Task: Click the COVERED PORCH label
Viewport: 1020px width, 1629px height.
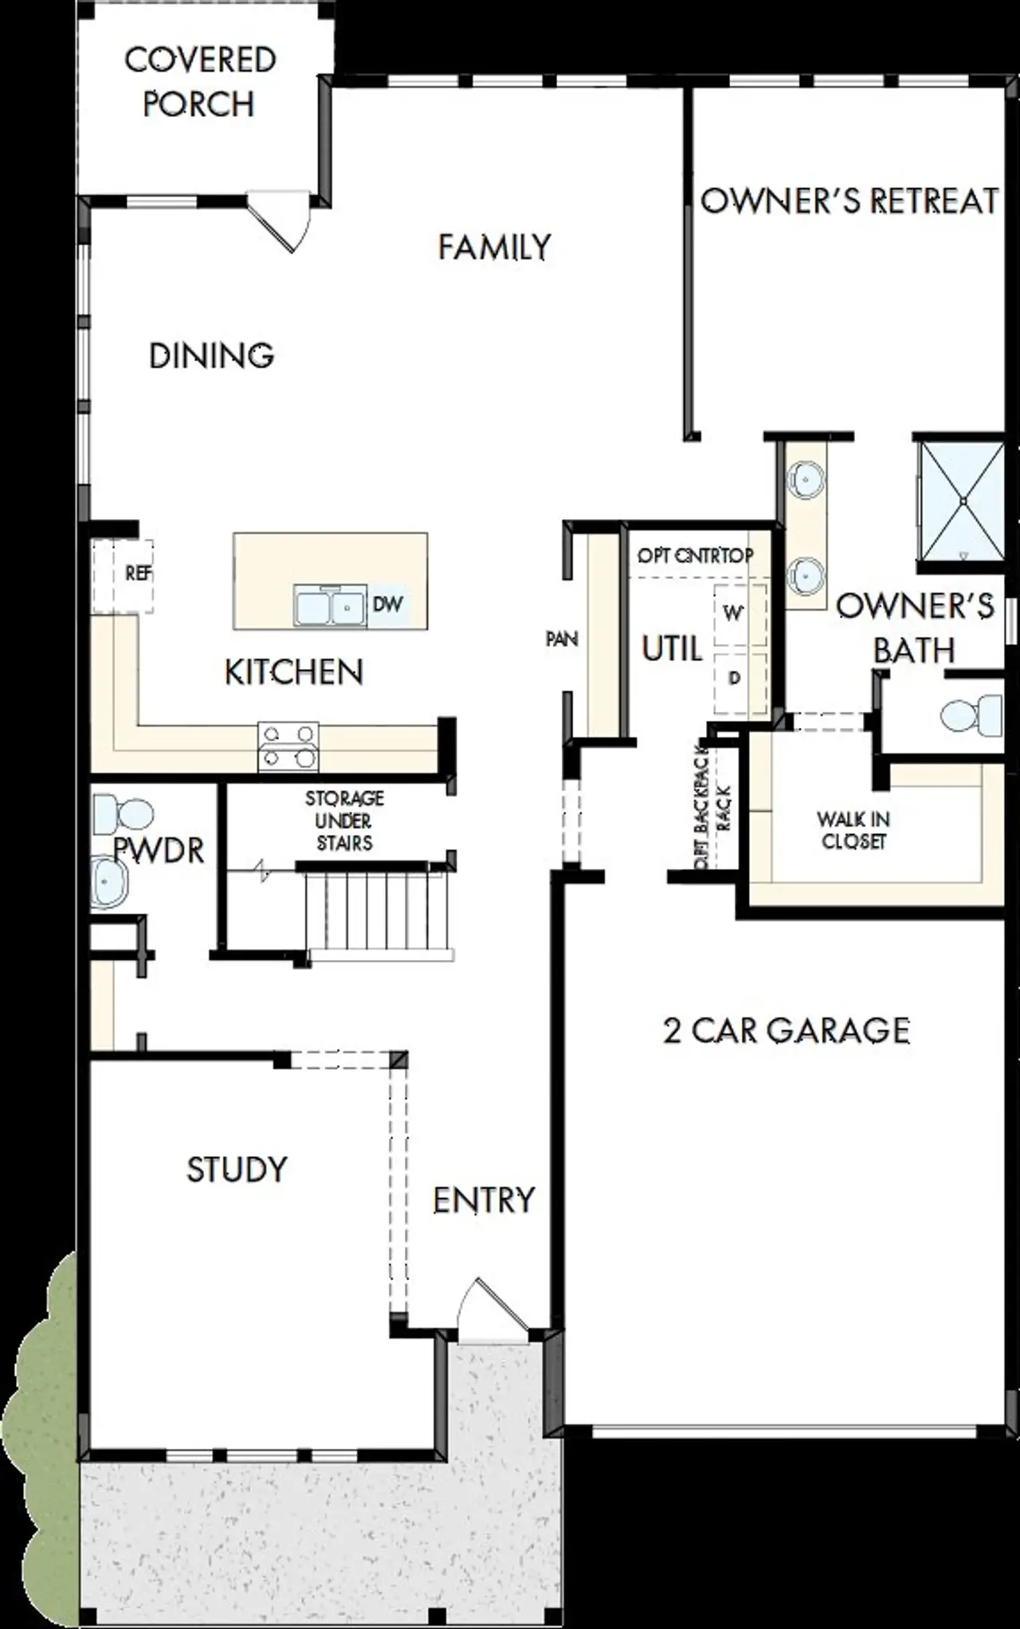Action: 199,82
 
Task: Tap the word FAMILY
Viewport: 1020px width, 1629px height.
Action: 494,247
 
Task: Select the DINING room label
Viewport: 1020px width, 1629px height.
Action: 211,356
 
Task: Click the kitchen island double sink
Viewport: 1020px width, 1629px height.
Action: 330,606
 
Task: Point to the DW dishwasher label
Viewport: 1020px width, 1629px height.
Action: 388,604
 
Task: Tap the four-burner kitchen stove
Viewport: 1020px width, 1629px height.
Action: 288,746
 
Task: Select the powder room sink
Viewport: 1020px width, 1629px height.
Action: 108,882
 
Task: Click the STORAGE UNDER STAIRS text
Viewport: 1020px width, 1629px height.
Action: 344,820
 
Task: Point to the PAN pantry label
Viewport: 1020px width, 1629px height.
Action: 562,639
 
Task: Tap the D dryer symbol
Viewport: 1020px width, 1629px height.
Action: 735,679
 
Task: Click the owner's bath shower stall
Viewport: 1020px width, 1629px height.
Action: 962,501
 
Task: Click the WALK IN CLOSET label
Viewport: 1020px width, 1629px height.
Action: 853,830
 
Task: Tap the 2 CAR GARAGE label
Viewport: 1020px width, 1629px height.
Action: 786,1031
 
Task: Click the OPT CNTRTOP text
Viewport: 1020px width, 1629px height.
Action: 695,556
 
